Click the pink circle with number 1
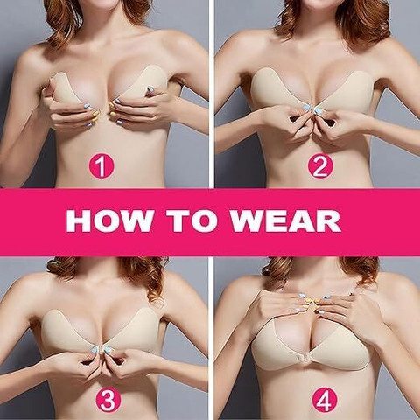coord(101,166)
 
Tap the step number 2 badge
coord(320,166)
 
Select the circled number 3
coord(108,400)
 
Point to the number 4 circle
coord(325,400)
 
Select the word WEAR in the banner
coord(285,220)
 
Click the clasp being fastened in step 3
coord(101,351)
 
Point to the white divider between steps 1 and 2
coord(212,94)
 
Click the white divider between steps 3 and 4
coord(211,339)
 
